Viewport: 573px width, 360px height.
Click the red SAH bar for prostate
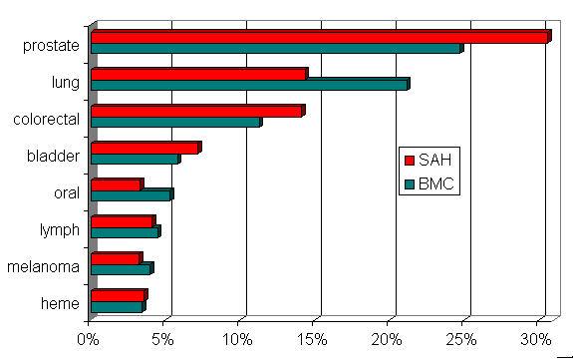pyautogui.click(x=319, y=38)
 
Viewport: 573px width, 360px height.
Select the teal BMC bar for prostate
pyautogui.click(x=275, y=49)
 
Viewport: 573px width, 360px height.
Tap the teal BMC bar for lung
pyautogui.click(x=248, y=85)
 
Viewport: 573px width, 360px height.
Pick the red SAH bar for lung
pyautogui.click(x=197, y=74)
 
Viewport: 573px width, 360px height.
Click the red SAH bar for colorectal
pyautogui.click(x=195, y=111)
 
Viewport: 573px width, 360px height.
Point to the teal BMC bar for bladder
pyautogui.click(x=134, y=159)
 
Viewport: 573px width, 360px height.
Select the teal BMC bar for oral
pyautogui.click(x=130, y=194)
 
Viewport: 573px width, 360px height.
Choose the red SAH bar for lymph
pyautogui.click(x=121, y=221)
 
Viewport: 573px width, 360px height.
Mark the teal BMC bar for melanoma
pyautogui.click(x=120, y=268)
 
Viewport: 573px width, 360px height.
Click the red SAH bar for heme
pyautogui.click(x=117, y=295)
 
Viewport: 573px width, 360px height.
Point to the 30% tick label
pyautogui.click(x=538, y=339)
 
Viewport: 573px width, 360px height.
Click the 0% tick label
pyautogui.click(x=89, y=339)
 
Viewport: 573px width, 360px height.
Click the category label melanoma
pyautogui.click(x=43, y=267)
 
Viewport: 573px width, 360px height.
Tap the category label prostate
pyautogui.click(x=53, y=46)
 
